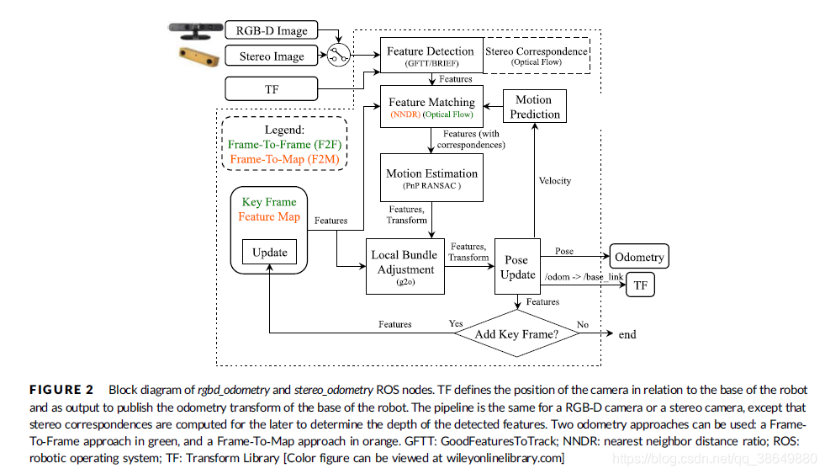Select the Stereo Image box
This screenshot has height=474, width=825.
(272, 57)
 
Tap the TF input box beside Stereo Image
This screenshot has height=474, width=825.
(271, 88)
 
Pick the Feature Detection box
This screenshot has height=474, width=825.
(430, 56)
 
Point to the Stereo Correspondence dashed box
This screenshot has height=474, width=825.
(537, 56)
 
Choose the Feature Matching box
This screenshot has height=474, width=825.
(431, 107)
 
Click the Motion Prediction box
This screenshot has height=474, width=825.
(533, 107)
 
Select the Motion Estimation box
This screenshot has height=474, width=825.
(431, 178)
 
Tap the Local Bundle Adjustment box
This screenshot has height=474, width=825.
(405, 265)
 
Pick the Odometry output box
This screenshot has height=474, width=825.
(638, 257)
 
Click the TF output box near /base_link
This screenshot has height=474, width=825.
(640, 285)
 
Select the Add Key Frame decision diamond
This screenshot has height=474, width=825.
(517, 334)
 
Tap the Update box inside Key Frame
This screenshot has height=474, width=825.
(269, 252)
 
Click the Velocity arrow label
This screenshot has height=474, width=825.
(554, 180)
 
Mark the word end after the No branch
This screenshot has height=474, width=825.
(627, 334)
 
